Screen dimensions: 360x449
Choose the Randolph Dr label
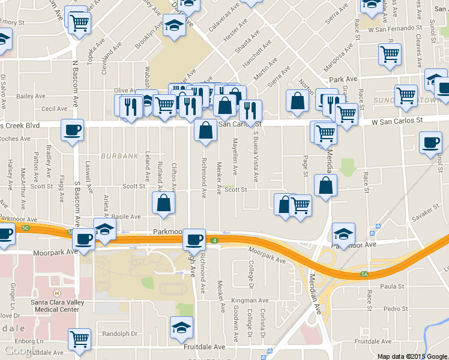120,334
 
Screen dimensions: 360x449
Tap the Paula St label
392,287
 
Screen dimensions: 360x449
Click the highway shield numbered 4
214,241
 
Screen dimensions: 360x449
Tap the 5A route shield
365,274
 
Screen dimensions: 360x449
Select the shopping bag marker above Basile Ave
163,203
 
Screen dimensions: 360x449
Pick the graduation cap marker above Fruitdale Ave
181,328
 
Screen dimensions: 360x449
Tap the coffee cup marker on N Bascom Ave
72,130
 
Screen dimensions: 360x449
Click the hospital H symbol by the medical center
56,293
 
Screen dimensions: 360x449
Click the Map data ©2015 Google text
412,356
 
